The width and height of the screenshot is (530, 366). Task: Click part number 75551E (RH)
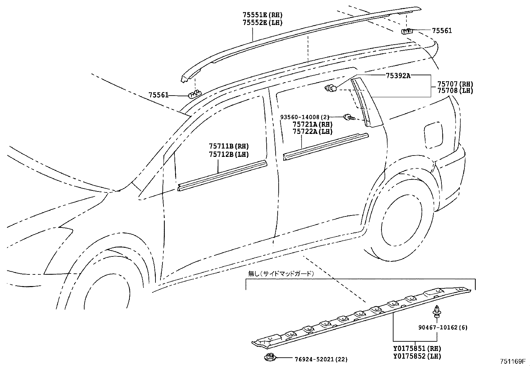(x=263, y=15)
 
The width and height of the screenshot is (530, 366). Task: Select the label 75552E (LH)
(x=263, y=23)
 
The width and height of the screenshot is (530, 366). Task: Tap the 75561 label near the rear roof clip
(x=442, y=31)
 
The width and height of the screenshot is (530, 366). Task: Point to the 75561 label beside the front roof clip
(x=158, y=95)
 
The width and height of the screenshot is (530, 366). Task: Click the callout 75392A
(x=398, y=76)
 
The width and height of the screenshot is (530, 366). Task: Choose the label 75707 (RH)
(x=455, y=84)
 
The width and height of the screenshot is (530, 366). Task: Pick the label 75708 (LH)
(x=455, y=91)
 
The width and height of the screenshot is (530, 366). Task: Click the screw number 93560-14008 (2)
(x=305, y=117)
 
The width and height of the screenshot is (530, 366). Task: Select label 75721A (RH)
(x=313, y=124)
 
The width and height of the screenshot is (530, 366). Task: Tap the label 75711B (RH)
(x=229, y=146)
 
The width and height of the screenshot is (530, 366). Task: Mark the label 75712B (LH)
(x=229, y=154)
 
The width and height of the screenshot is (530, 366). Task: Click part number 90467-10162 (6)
(x=443, y=327)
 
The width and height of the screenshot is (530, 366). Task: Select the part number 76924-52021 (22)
(x=321, y=359)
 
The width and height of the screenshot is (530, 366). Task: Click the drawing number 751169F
(x=512, y=361)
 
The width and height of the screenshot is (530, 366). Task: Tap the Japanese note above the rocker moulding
(x=281, y=274)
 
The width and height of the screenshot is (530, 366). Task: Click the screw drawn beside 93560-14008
(x=349, y=117)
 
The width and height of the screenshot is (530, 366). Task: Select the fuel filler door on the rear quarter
(x=433, y=135)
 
